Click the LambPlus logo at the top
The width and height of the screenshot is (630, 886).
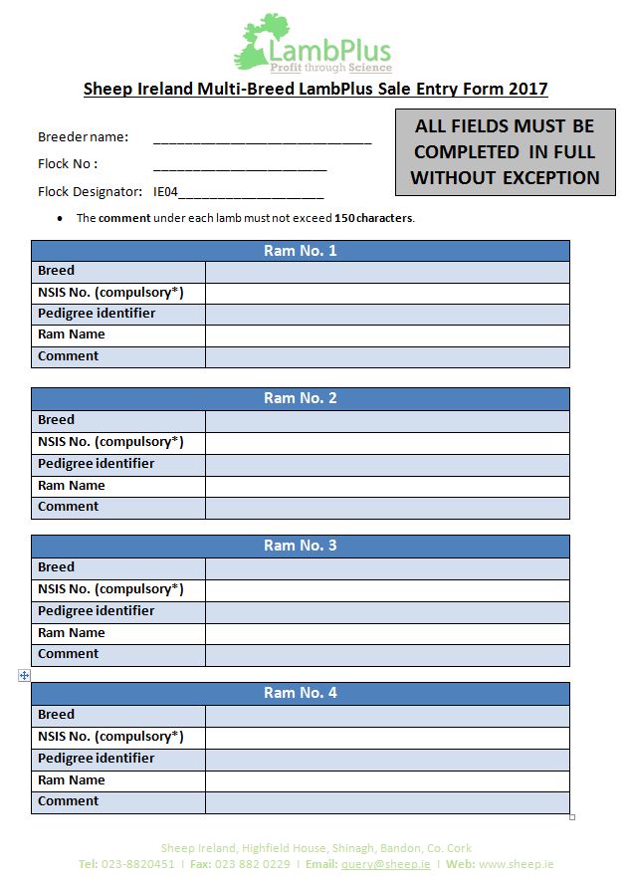(x=314, y=45)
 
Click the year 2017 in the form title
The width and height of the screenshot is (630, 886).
(x=527, y=89)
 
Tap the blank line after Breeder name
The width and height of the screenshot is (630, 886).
(x=262, y=138)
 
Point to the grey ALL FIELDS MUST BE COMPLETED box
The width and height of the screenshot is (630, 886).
(x=505, y=152)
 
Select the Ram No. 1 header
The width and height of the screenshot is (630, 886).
(x=300, y=251)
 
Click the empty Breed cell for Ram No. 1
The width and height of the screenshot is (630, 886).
(x=387, y=272)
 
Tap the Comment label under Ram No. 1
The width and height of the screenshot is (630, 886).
(x=69, y=356)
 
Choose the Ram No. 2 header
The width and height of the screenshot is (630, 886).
(x=300, y=398)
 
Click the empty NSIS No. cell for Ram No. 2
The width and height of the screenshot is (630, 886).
(x=387, y=442)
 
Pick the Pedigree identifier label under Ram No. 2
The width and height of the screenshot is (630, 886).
(x=97, y=464)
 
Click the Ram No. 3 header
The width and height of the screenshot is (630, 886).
(x=300, y=546)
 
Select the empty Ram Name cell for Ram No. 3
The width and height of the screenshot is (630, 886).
(x=387, y=633)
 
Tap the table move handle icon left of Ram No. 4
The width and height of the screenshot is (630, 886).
(x=24, y=675)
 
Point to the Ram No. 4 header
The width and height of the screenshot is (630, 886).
(x=300, y=693)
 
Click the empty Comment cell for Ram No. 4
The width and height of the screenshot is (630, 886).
(x=387, y=802)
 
